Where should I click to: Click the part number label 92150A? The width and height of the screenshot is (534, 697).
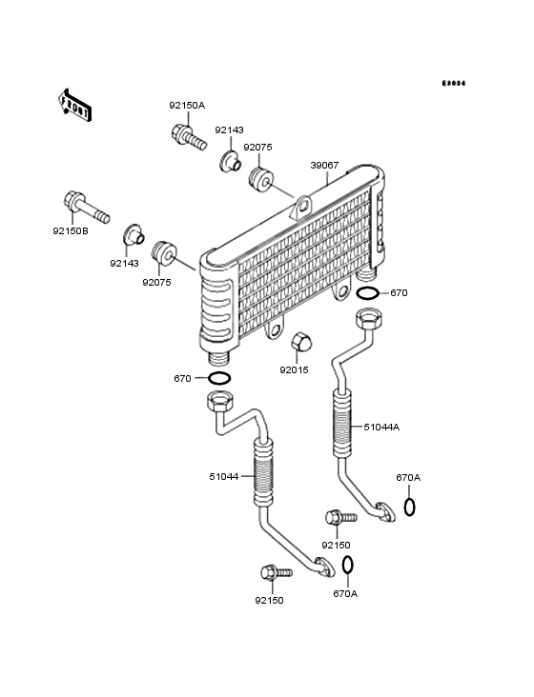(188, 105)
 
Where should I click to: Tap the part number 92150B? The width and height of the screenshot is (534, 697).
(72, 229)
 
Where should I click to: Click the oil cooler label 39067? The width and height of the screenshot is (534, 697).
(324, 165)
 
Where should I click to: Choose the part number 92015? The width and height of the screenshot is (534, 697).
(295, 369)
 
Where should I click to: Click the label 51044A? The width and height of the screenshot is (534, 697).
(381, 427)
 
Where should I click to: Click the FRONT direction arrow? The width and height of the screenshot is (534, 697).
(75, 104)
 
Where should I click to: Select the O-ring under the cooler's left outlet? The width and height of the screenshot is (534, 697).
(218, 379)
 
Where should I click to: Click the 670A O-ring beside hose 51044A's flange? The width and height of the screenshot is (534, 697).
(409, 506)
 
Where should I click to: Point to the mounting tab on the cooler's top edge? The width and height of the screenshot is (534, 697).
(303, 204)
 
